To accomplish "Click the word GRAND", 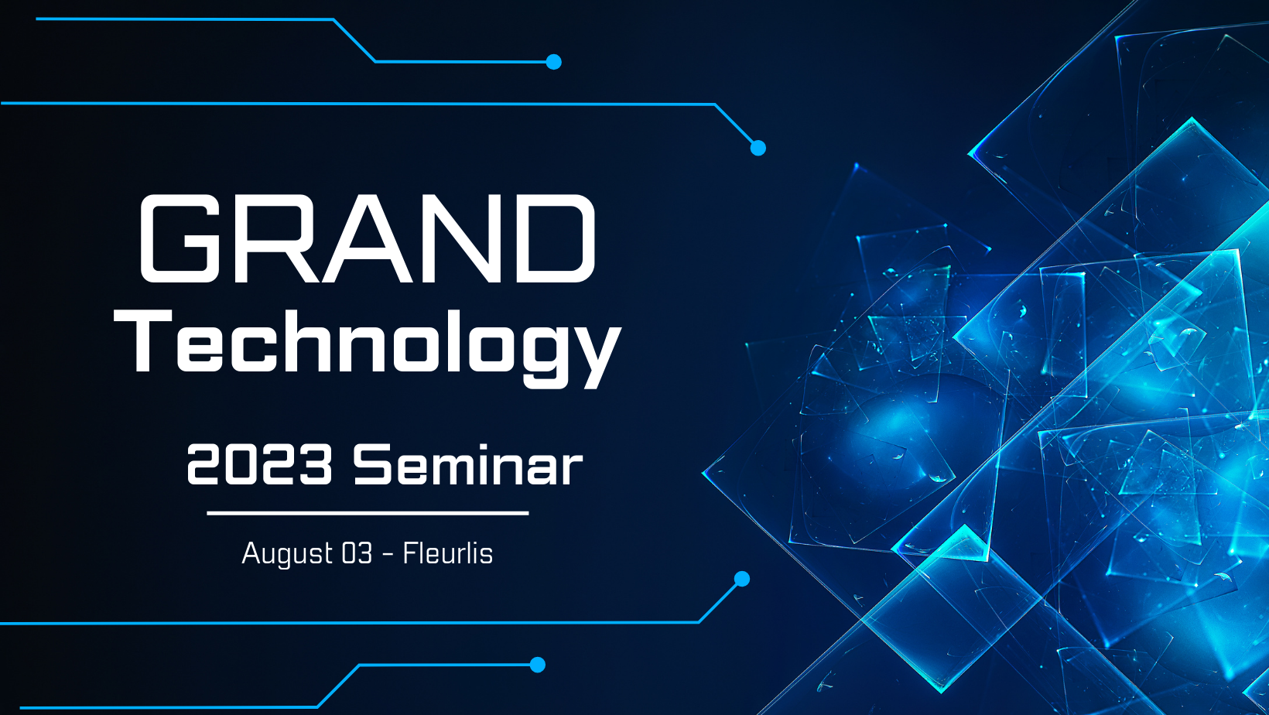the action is (x=368, y=238).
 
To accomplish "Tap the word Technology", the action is (x=368, y=349).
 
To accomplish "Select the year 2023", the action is (x=259, y=465).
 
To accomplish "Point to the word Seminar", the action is (x=468, y=465).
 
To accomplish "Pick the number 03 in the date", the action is (x=357, y=553).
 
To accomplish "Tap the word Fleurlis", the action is (x=447, y=553).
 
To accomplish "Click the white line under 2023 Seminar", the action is (x=368, y=513).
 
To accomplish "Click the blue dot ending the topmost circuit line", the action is (x=553, y=62).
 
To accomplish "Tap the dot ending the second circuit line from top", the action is (x=758, y=148).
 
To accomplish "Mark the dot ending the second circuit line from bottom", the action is (x=742, y=579).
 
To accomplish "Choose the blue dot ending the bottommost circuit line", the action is (x=538, y=665).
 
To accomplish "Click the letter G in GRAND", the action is (x=180, y=238).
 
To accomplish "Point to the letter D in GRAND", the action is (x=556, y=238).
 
